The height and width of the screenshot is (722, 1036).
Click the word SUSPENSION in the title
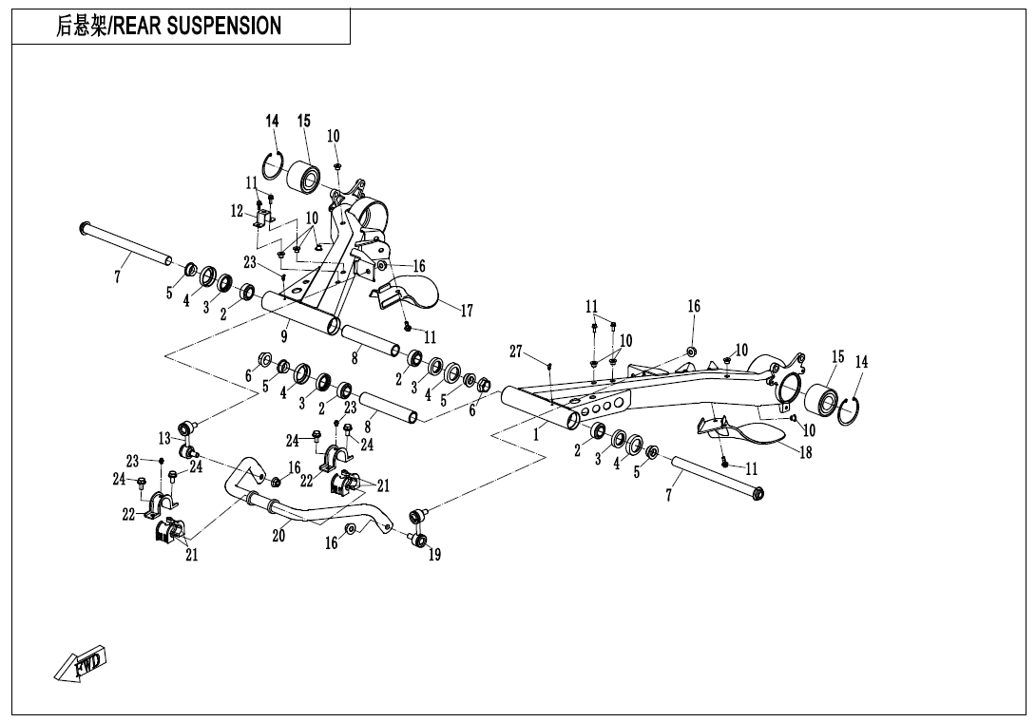(x=224, y=27)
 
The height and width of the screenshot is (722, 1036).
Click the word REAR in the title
(x=138, y=27)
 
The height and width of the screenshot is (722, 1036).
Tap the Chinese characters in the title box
(x=81, y=27)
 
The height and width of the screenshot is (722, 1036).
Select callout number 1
(x=536, y=436)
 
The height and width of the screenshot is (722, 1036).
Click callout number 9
(x=283, y=334)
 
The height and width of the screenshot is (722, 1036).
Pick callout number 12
(x=237, y=211)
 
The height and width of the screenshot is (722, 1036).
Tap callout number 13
(x=164, y=438)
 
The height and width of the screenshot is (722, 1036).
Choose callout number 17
(x=466, y=310)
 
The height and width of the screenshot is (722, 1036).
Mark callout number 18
(x=806, y=452)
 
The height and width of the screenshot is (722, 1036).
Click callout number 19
(x=434, y=556)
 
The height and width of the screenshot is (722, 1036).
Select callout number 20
(x=278, y=536)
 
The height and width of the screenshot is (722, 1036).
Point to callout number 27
(x=515, y=351)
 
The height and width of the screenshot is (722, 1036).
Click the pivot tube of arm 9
(x=299, y=313)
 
